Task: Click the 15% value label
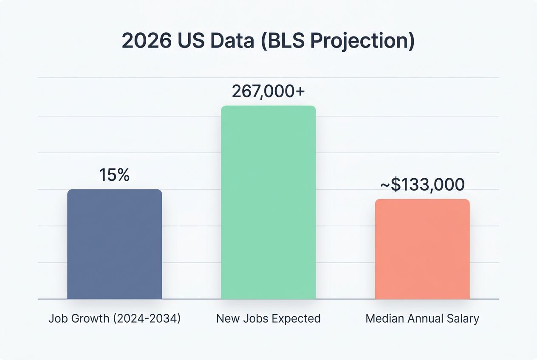click(x=114, y=175)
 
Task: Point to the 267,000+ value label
click(x=268, y=91)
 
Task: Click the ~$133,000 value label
click(x=422, y=185)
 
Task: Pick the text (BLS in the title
click(x=283, y=42)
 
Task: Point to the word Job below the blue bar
click(x=56, y=319)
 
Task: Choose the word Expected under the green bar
click(x=296, y=319)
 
